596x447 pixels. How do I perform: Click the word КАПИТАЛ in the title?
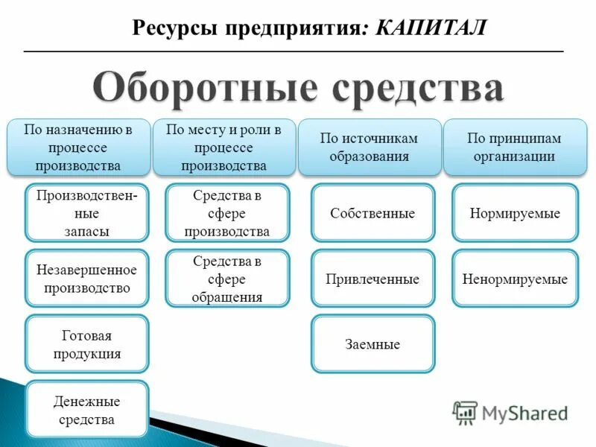[x=431, y=28]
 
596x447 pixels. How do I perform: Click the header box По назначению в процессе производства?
[x=77, y=147]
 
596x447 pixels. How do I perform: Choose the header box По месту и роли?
[x=223, y=147]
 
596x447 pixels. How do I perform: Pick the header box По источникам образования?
[x=369, y=147]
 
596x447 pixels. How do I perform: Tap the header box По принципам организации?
[x=514, y=147]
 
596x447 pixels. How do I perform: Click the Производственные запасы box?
[x=86, y=212]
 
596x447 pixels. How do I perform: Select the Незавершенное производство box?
[x=86, y=278]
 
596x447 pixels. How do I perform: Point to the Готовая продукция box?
[x=86, y=343]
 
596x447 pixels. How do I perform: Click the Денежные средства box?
[x=86, y=409]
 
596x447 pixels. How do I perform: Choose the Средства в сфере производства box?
[x=226, y=212]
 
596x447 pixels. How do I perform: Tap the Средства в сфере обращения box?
[x=226, y=278]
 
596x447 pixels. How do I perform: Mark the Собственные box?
[x=372, y=213]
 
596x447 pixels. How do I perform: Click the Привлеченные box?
[x=372, y=279]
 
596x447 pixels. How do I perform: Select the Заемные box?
[x=372, y=344]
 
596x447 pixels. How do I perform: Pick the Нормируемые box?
[x=515, y=213]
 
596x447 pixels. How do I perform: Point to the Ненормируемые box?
[x=515, y=279]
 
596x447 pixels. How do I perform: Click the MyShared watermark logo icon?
[x=465, y=412]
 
